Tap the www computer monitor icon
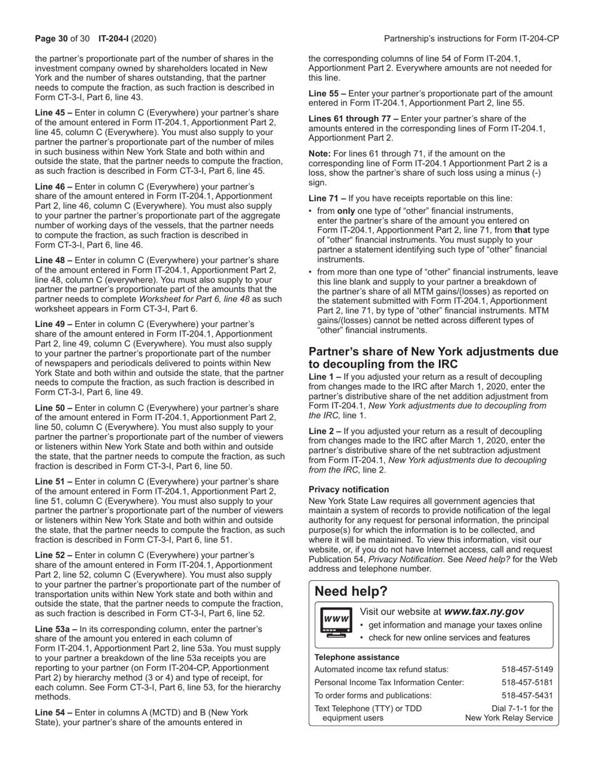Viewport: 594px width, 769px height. pos(335,621)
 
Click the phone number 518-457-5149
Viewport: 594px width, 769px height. pos(527,670)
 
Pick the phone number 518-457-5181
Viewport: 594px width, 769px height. pos(527,682)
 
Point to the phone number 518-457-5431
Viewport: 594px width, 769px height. pos(527,695)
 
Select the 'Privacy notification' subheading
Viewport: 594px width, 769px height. pos(348,490)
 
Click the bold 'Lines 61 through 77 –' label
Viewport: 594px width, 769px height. pos(353,119)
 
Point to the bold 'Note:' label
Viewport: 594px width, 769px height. pos(320,153)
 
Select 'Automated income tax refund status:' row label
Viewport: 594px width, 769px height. pos(381,670)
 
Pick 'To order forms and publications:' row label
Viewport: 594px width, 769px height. pos(373,695)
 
